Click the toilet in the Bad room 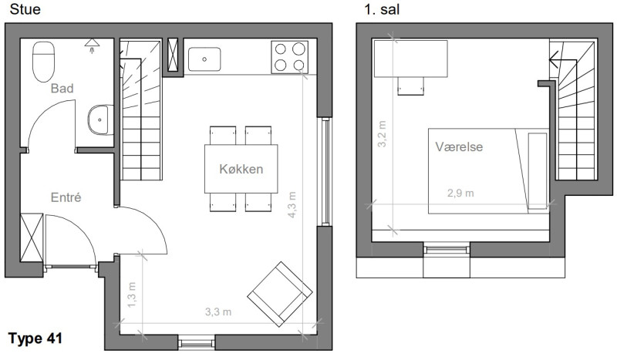(x=43, y=62)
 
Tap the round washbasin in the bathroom (x=101, y=119)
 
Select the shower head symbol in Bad (x=92, y=45)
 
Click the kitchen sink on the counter (x=204, y=59)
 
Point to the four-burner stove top (x=289, y=57)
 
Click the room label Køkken (x=241, y=169)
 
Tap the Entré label (x=66, y=197)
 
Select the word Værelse (x=459, y=146)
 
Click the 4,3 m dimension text (x=292, y=204)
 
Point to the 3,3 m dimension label (x=218, y=312)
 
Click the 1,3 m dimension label (x=132, y=294)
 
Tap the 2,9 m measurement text (x=460, y=193)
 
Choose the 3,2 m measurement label (x=382, y=134)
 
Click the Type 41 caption (x=35, y=338)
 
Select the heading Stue (x=25, y=9)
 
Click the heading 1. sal (x=382, y=9)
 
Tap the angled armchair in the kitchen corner (x=280, y=294)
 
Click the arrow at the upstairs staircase (x=563, y=60)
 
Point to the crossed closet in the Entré (x=32, y=237)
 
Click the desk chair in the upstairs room (x=411, y=86)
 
